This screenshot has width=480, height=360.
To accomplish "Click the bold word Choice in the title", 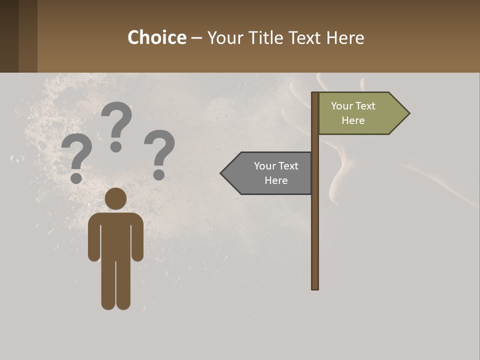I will [x=156, y=37].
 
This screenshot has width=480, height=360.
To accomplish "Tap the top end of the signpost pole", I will [x=315, y=94].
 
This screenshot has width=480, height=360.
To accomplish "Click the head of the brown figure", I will [x=115, y=198].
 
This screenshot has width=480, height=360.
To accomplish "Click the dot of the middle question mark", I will [x=116, y=146].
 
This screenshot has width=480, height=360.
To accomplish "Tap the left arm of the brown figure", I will [x=93, y=240].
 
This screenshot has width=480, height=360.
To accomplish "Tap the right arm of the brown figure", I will [x=137, y=240].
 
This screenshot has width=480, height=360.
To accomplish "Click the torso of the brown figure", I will [x=115, y=235].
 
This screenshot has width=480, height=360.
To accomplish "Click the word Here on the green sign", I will [x=353, y=120].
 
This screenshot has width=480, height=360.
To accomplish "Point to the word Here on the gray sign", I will [x=276, y=180].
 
